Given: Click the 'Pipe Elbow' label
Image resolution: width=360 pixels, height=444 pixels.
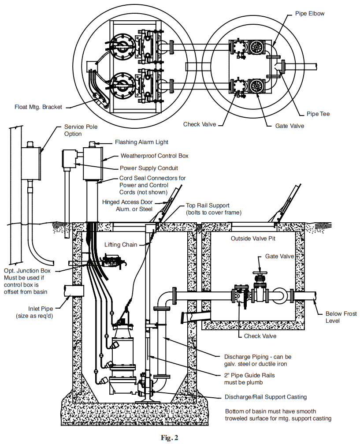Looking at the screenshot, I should tap(309, 14).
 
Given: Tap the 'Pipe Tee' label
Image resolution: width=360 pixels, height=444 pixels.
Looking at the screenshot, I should tap(318, 114).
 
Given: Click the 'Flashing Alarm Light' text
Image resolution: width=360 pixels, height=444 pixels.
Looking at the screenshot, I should tap(141, 142).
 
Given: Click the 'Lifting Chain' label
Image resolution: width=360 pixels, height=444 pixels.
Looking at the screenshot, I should tap(121, 244).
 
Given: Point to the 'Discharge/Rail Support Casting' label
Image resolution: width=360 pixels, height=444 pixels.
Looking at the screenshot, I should tap(265, 397).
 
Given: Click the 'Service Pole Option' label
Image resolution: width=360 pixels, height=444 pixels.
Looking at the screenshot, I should tap(81, 130).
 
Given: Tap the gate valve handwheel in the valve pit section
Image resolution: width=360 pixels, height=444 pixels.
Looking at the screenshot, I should tap(261, 273).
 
